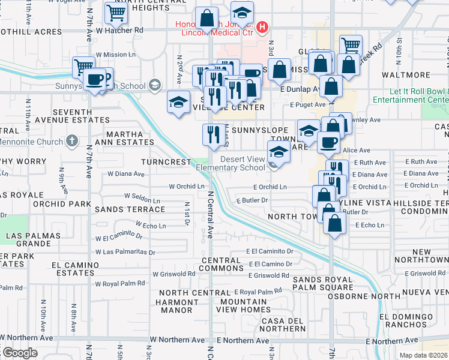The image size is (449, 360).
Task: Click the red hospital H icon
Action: (x=261, y=27)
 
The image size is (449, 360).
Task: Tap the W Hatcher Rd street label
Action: (x=119, y=29)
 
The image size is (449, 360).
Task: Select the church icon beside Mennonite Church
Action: (x=71, y=141)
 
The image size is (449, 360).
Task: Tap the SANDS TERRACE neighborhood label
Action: (x=130, y=209)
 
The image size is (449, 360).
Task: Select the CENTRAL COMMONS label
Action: (x=221, y=264)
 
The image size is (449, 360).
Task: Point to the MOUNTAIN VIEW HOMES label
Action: (x=246, y=305)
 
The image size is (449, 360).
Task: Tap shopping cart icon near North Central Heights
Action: (x=115, y=12)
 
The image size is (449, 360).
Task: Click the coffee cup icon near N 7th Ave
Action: (x=94, y=79)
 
